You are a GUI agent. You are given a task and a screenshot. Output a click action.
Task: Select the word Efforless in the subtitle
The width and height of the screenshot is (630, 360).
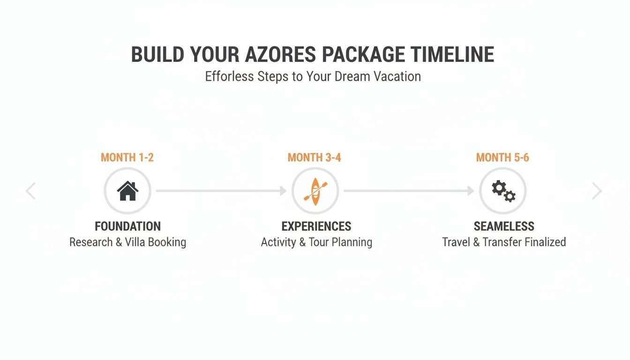pos(229,76)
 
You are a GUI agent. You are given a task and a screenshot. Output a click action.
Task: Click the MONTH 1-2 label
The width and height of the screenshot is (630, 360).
pos(127,157)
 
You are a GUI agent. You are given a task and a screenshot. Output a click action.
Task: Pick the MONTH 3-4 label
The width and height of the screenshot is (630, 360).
pos(314,157)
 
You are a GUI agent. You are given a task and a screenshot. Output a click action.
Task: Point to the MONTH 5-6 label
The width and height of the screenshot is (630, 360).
pos(502,157)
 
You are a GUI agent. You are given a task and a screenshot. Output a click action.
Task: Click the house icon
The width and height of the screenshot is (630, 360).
pos(127,191)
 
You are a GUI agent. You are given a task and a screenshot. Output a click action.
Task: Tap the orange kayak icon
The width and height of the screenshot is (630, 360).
pos(315,191)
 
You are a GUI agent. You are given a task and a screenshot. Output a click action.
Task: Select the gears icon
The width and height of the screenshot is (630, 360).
pos(503,191)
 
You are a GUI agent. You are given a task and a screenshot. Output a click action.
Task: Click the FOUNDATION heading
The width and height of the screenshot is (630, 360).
pos(127,226)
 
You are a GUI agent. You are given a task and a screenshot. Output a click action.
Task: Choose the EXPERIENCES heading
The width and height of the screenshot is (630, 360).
pos(316,226)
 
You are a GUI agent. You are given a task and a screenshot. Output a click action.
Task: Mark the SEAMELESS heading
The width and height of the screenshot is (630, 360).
pos(504,226)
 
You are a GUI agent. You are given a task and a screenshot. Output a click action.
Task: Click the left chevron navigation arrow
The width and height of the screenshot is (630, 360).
pos(31,191)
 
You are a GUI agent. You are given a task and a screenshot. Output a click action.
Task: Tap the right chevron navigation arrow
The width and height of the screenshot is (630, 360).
pos(597,191)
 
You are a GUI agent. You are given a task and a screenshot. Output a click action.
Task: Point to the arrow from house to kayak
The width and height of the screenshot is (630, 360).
pos(221,191)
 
